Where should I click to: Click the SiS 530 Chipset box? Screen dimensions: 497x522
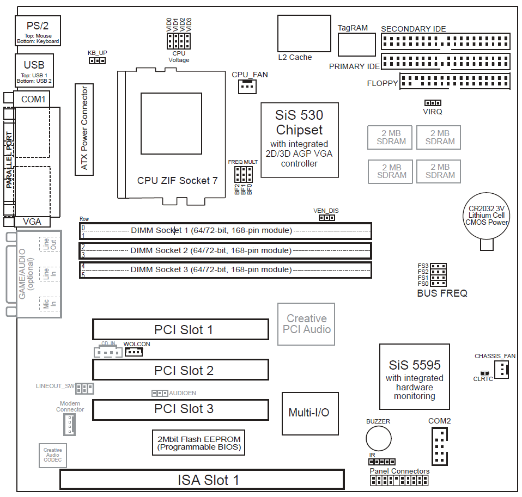point(299,139)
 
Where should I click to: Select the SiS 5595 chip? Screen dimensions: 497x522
point(414,376)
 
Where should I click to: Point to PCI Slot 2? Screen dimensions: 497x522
point(180,370)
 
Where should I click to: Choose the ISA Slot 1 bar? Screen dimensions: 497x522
point(202,480)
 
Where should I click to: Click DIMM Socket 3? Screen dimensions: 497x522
point(225,270)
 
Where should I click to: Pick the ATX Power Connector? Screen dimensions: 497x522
point(84,129)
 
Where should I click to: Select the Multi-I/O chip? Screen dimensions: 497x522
point(308,412)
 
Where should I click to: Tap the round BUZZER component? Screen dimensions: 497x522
point(378,438)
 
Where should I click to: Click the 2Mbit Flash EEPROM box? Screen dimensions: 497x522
point(198,443)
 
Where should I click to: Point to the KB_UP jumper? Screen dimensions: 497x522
point(97,60)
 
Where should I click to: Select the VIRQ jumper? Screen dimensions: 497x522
point(433,103)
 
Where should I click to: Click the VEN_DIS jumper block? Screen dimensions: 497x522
point(326,218)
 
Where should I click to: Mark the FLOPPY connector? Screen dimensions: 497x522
point(454,81)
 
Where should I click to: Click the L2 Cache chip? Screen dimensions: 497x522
point(304,33)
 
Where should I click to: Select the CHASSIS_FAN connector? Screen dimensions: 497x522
point(503,371)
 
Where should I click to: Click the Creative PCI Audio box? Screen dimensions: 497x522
point(307,323)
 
